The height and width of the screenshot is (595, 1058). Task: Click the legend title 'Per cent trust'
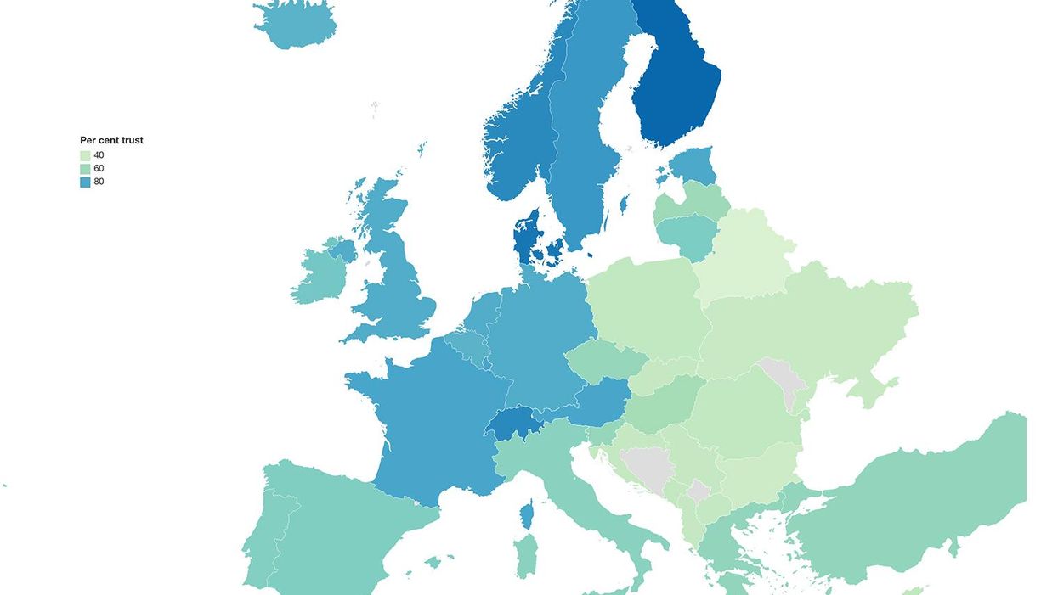click(111, 140)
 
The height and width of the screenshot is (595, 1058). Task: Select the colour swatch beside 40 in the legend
click(85, 155)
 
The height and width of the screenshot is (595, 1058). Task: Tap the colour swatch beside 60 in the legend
click(85, 168)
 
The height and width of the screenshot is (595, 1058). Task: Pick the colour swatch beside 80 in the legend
click(85, 182)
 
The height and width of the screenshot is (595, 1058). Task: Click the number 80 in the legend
click(99, 182)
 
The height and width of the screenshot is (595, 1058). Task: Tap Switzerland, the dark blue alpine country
click(514, 422)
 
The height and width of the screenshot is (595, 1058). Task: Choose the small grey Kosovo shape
click(699, 491)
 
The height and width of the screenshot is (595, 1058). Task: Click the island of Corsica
click(527, 514)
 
